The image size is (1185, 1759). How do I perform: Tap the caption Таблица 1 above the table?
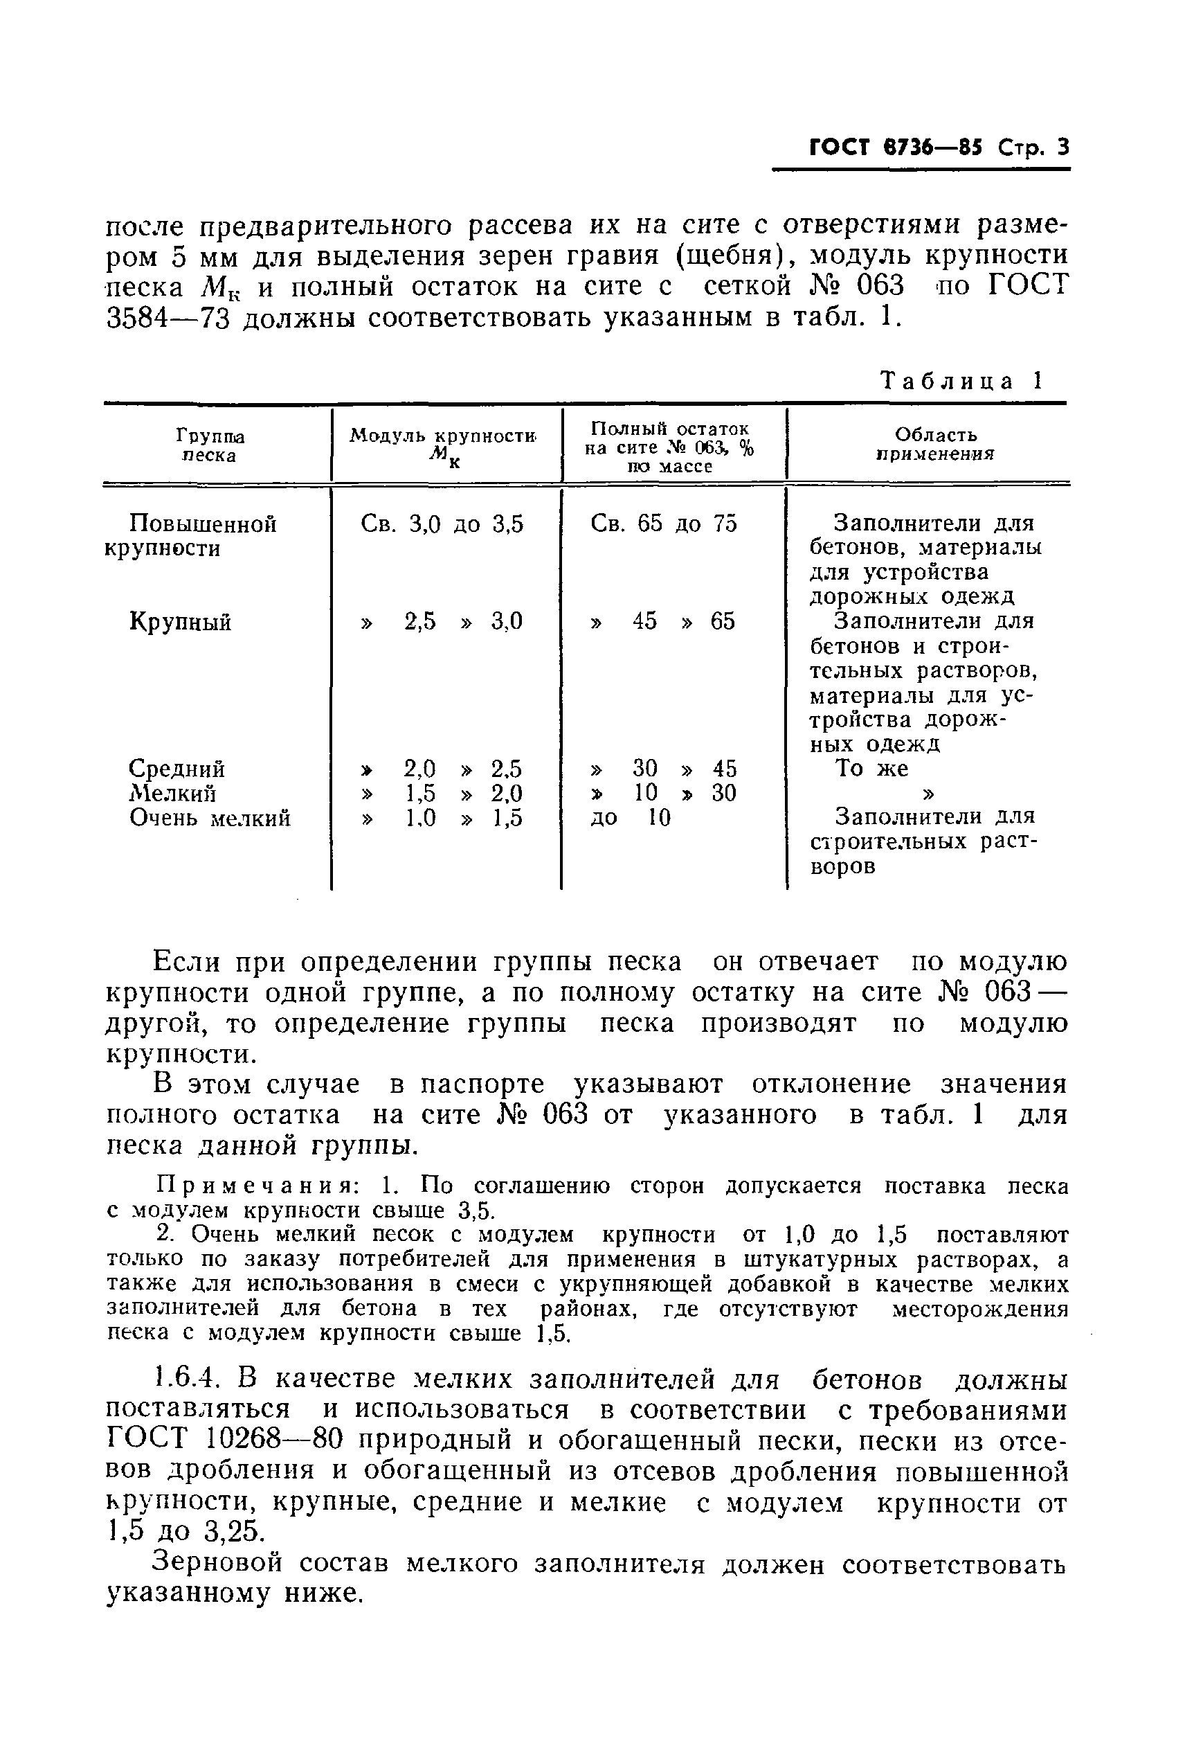tap(961, 380)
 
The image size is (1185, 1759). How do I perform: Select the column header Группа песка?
tap(210, 445)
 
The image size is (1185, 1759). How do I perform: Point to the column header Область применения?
tap(935, 444)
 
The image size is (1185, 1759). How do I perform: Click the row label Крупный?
tap(180, 621)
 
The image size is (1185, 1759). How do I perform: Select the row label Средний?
tap(177, 768)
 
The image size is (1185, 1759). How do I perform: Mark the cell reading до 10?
tap(631, 818)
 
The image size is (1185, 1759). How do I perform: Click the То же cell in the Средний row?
tap(871, 768)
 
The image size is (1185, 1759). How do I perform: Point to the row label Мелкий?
tap(173, 793)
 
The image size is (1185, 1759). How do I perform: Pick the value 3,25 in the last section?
tap(233, 1533)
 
